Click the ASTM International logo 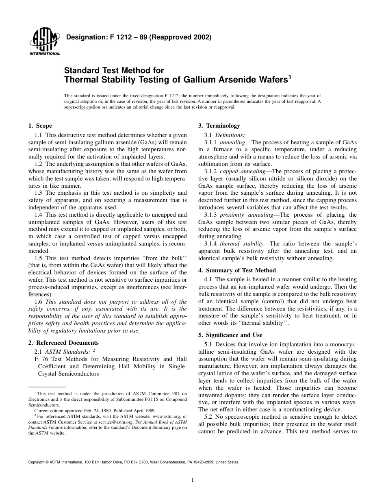coord(44,42)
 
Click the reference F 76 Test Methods coord(61,359)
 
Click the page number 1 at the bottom coord(193,480)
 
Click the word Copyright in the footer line coord(37,462)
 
